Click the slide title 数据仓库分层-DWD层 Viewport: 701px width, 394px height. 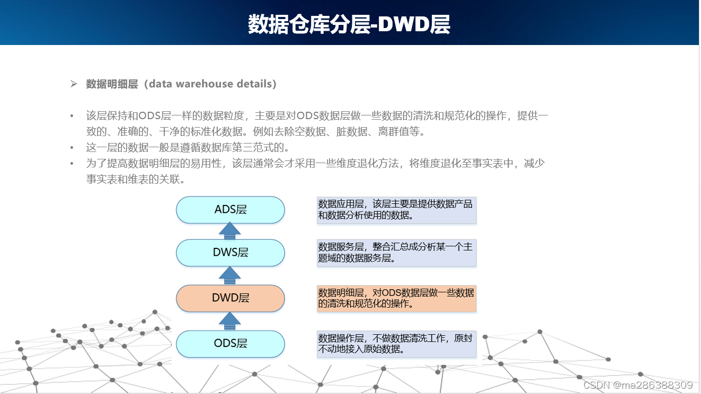pos(349,24)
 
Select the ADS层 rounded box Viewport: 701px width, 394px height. pos(230,210)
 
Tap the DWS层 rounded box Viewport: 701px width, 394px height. pos(230,253)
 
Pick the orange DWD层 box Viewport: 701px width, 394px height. pos(230,298)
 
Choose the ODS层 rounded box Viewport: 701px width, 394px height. pos(230,344)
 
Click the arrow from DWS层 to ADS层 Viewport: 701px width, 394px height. pos(230,231)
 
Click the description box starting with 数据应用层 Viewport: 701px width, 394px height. pos(396,210)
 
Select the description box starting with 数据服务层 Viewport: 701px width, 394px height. pos(396,253)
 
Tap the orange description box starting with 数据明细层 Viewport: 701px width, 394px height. pos(396,298)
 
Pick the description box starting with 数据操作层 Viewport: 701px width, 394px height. pos(396,344)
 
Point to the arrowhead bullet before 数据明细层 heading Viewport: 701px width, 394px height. pos(74,84)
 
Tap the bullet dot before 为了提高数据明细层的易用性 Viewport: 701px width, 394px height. pos(72,164)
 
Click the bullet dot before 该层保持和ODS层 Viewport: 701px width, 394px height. pos(72,115)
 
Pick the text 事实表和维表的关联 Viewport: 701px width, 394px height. pos(135,180)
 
